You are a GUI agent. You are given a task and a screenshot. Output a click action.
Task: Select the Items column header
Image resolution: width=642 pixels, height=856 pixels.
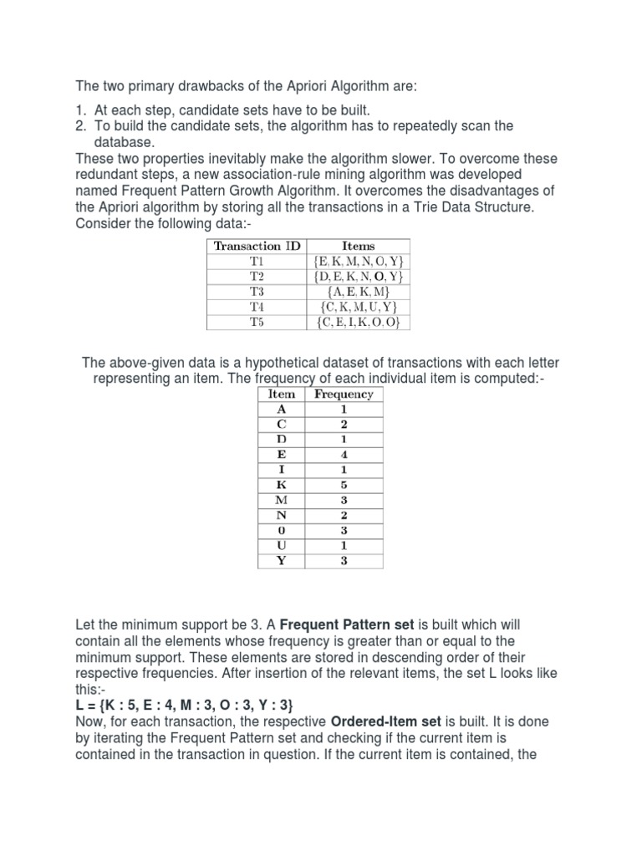point(359,246)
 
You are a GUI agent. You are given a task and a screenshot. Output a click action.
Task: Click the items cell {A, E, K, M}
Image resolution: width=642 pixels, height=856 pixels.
point(359,292)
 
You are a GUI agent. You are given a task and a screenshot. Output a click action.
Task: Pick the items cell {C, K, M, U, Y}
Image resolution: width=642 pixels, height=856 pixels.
point(359,307)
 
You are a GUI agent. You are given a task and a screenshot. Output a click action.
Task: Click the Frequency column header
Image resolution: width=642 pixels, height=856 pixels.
point(344,395)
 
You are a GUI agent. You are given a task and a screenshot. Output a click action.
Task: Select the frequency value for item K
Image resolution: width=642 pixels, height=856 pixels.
point(344,485)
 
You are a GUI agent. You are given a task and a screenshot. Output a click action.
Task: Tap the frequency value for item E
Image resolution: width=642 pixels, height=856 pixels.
point(344,455)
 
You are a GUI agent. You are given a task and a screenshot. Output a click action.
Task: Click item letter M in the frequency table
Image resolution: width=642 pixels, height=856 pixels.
point(282,500)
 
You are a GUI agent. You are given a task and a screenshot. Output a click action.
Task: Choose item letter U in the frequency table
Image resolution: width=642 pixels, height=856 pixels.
point(282,545)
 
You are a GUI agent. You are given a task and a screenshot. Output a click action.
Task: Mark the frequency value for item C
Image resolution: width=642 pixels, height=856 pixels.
point(344,425)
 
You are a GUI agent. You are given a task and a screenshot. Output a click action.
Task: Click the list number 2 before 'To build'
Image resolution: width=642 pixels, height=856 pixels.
point(81,126)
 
